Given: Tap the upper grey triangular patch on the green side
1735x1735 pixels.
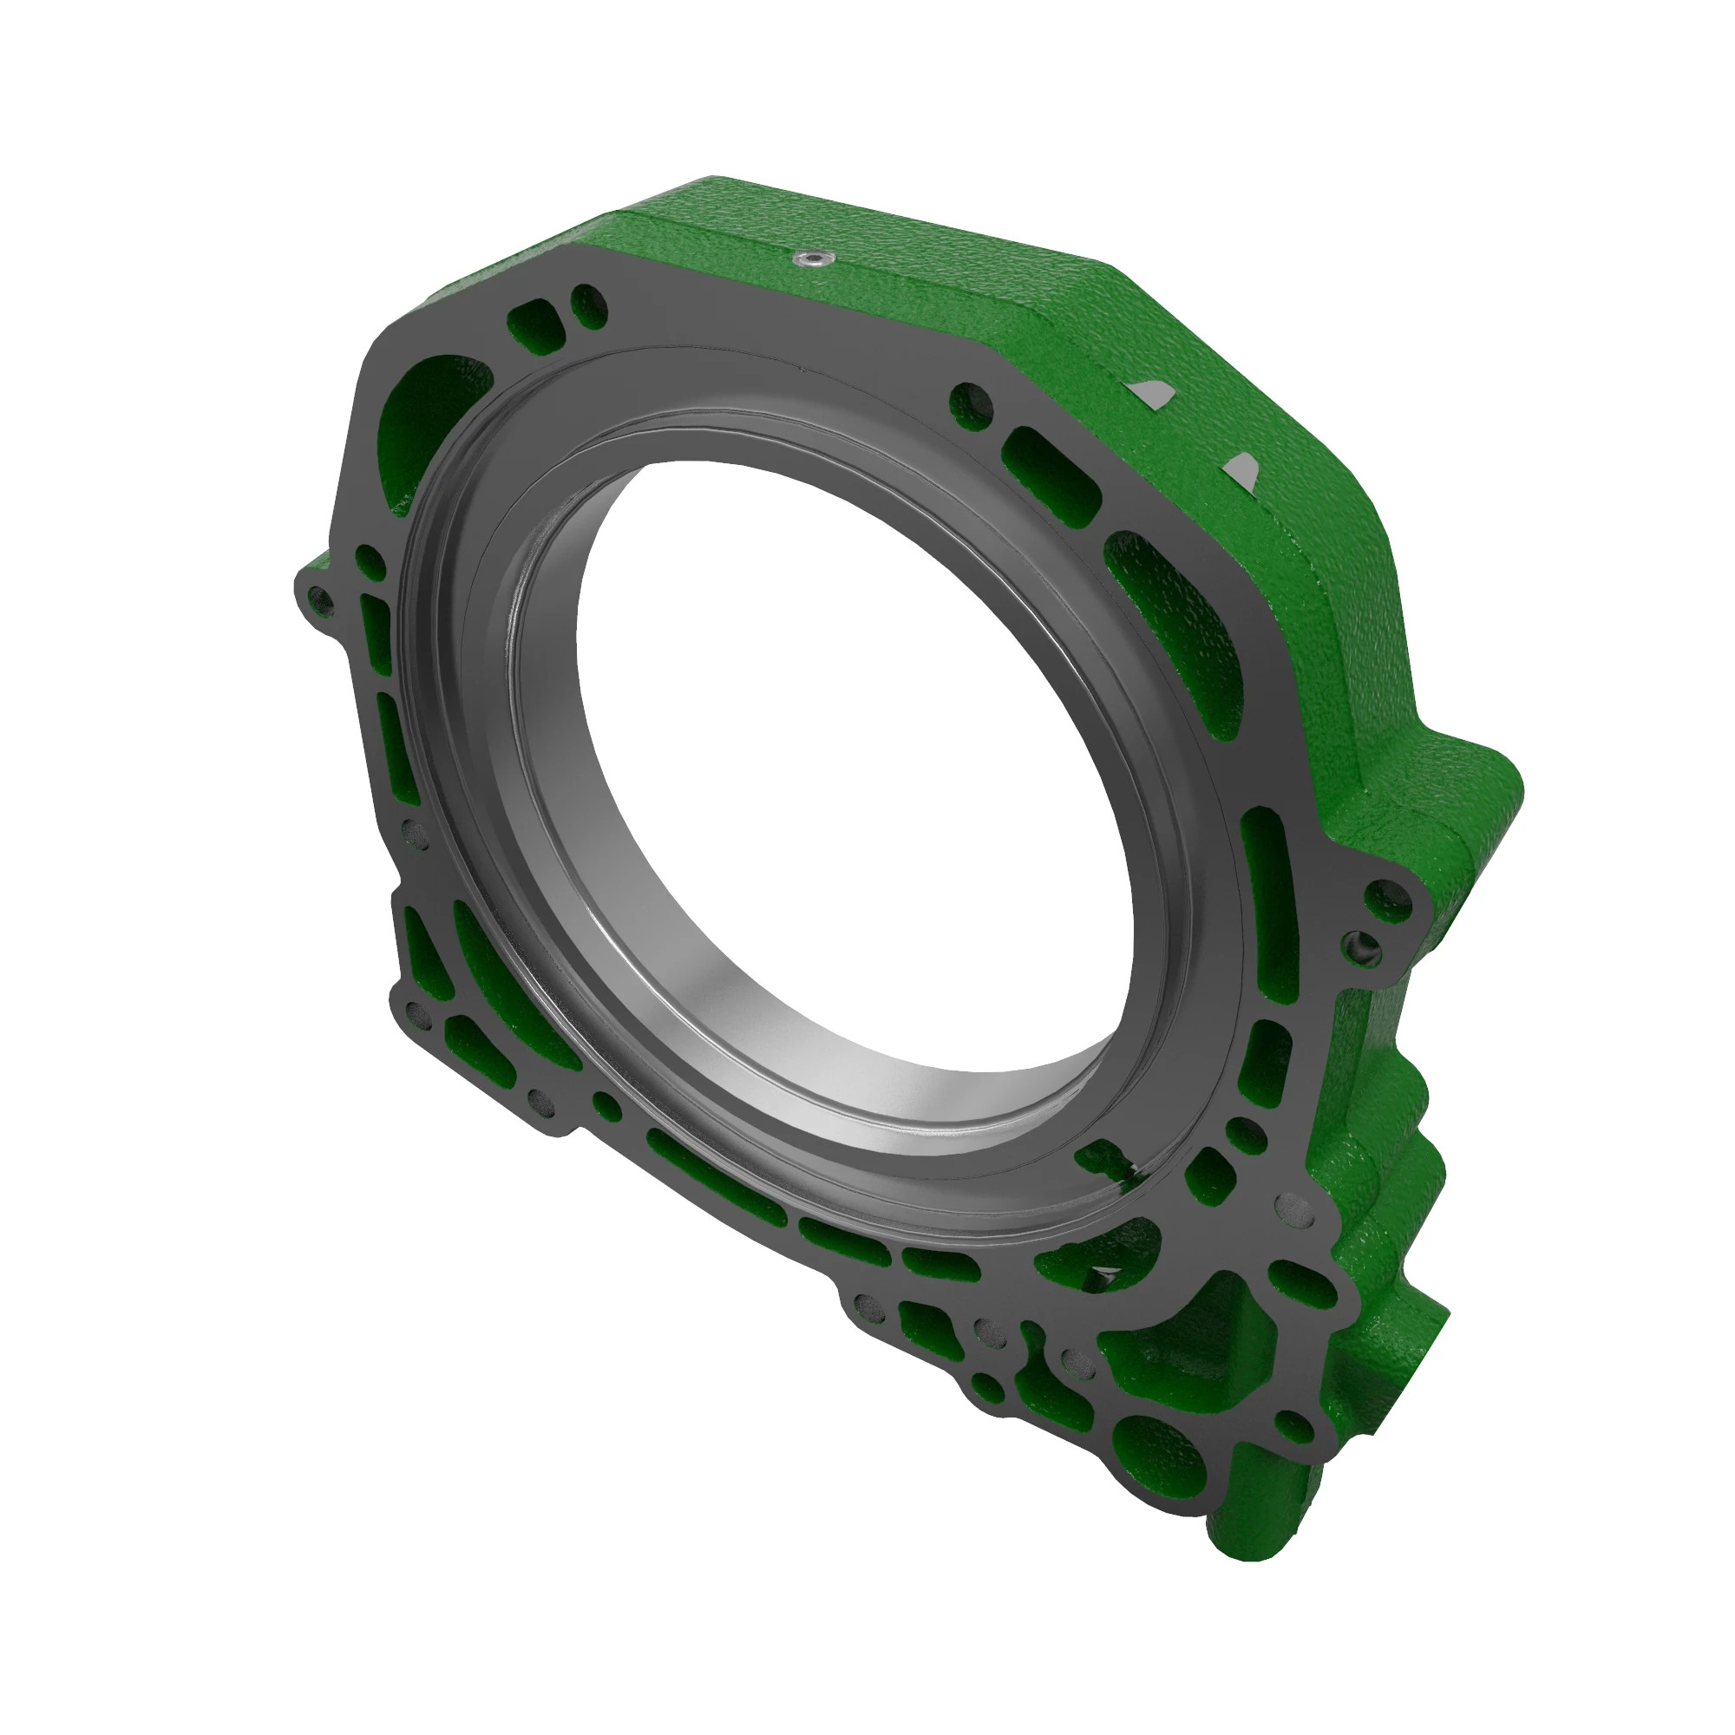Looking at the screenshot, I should pyautogui.click(x=1149, y=391).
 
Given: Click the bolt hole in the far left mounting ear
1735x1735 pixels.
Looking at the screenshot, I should pyautogui.click(x=317, y=597).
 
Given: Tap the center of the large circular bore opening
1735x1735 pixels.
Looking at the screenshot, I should pyautogui.click(x=853, y=763).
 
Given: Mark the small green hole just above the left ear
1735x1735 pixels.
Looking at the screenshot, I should pyautogui.click(x=369, y=561).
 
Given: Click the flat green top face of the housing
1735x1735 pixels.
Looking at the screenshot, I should pyautogui.click(x=898, y=260).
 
